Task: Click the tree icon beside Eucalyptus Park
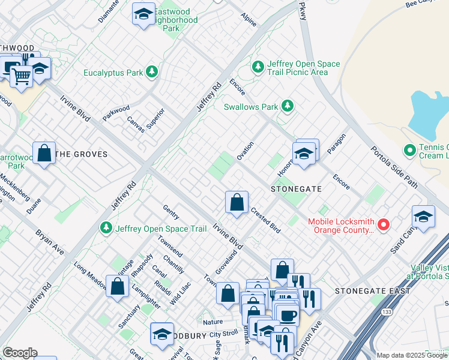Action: tap(152, 73)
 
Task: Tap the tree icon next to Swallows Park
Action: tap(288, 107)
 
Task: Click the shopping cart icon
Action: tap(21, 76)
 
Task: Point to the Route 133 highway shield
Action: tap(387, 312)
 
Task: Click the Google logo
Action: tap(20, 353)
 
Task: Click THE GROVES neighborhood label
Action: tap(82, 154)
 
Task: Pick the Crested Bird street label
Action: tap(266, 220)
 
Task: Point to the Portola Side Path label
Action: tap(393, 167)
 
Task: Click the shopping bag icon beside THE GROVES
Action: tap(44, 152)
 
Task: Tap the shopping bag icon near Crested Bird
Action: tap(237, 203)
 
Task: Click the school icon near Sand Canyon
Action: tap(423, 217)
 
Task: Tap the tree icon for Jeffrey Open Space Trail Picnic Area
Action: tap(258, 67)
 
